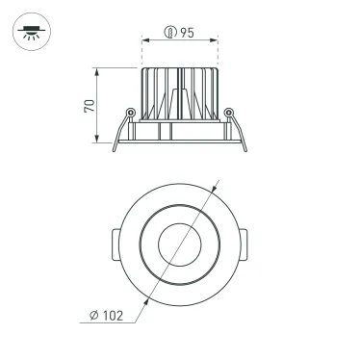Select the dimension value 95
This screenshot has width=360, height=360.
coord(186,33)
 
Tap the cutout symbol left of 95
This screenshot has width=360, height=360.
coord(169,33)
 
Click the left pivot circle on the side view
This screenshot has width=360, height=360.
coord(130,114)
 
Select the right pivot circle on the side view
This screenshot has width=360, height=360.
coord(228,114)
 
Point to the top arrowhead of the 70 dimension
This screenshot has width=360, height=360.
coord(100,71)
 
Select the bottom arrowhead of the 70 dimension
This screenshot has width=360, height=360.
coord(100,141)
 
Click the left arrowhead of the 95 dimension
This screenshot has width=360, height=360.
coord(144,42)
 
